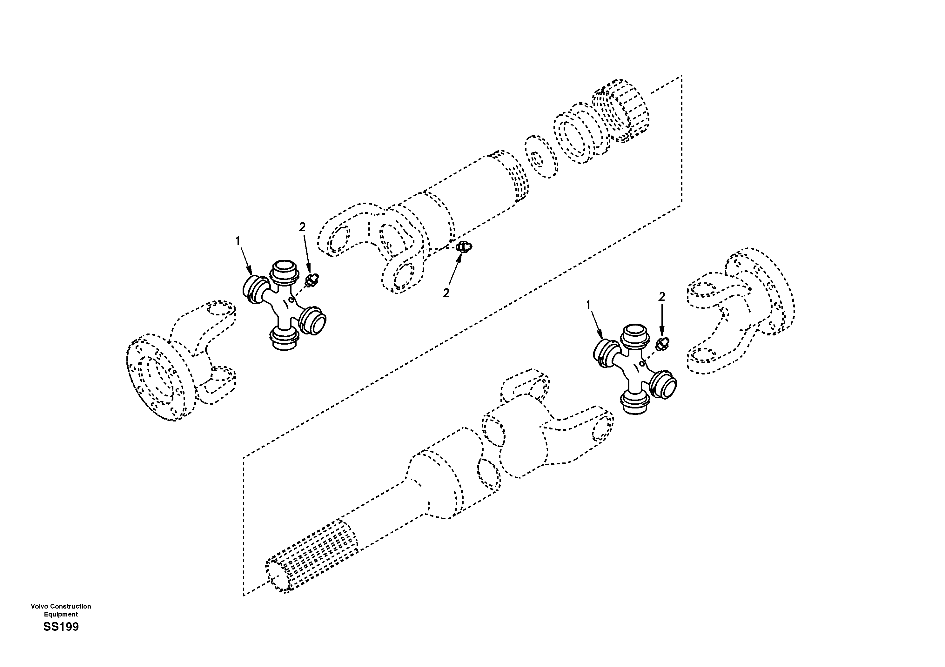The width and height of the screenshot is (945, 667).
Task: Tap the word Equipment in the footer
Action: (61, 614)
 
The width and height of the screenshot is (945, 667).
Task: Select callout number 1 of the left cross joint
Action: (238, 241)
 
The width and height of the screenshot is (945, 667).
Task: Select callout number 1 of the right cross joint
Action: (588, 304)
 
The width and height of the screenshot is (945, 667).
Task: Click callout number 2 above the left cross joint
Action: (303, 227)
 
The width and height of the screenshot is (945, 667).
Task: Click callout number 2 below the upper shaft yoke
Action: (446, 293)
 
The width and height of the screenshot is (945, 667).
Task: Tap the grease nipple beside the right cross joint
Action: (663, 343)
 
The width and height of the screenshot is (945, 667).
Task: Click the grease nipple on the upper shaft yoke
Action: (464, 247)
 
